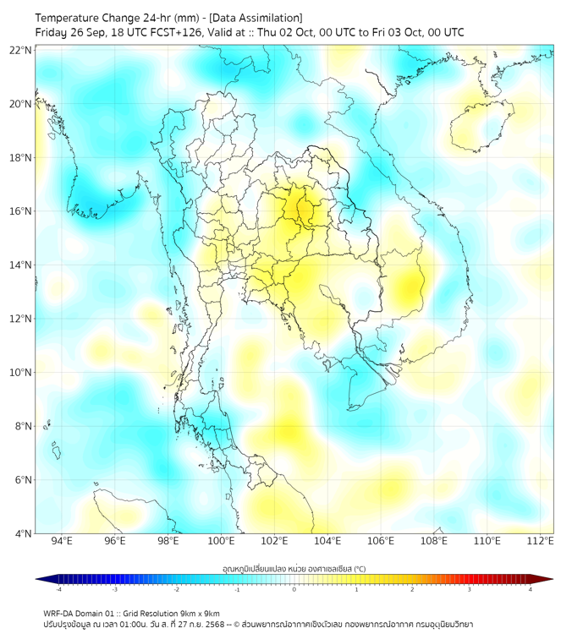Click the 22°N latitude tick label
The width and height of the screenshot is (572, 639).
(21, 50)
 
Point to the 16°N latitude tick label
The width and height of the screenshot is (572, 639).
(21, 211)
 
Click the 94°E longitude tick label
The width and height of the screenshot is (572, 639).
(62, 541)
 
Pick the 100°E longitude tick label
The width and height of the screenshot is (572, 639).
(221, 541)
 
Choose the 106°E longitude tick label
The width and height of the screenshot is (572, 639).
(381, 541)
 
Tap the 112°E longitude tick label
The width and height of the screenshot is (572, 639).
(540, 541)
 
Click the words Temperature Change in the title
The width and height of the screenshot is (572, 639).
(81, 18)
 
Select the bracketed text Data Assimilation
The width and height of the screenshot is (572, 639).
(255, 18)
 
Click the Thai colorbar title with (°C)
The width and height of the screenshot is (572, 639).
(294, 569)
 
